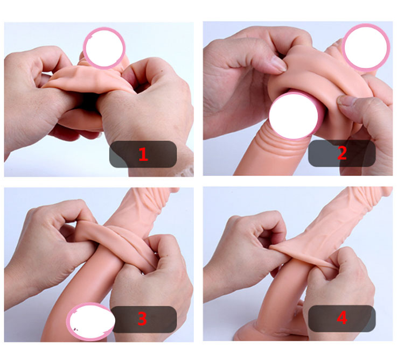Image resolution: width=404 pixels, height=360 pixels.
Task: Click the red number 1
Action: click(143, 154)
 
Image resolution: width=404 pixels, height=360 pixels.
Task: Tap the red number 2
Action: click(342, 153)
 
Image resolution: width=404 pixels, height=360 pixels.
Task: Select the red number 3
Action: click(142, 319)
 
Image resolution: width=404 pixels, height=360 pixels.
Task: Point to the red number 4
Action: click(342, 318)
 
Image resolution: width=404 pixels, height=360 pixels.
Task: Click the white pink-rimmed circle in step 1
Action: click(104, 48)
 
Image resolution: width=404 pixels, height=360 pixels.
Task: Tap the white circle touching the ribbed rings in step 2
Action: click(294, 116)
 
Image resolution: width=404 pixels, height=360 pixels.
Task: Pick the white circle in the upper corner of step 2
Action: click(366, 47)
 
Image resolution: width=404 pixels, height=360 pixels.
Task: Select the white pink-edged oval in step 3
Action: click(90, 322)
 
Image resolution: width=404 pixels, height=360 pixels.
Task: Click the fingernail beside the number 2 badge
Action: click(346, 101)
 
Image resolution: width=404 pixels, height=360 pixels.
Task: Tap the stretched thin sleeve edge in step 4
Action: click(302, 255)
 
